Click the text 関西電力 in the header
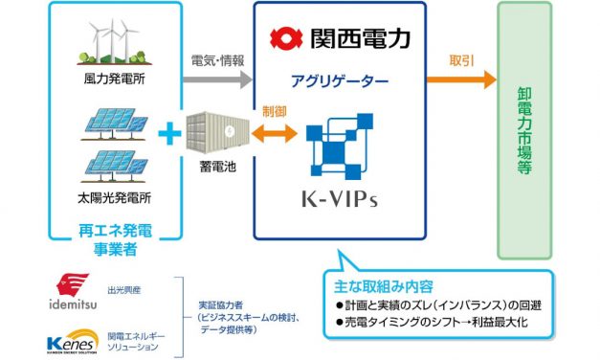[360, 39]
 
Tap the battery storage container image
[215, 134]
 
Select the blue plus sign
[168, 134]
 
